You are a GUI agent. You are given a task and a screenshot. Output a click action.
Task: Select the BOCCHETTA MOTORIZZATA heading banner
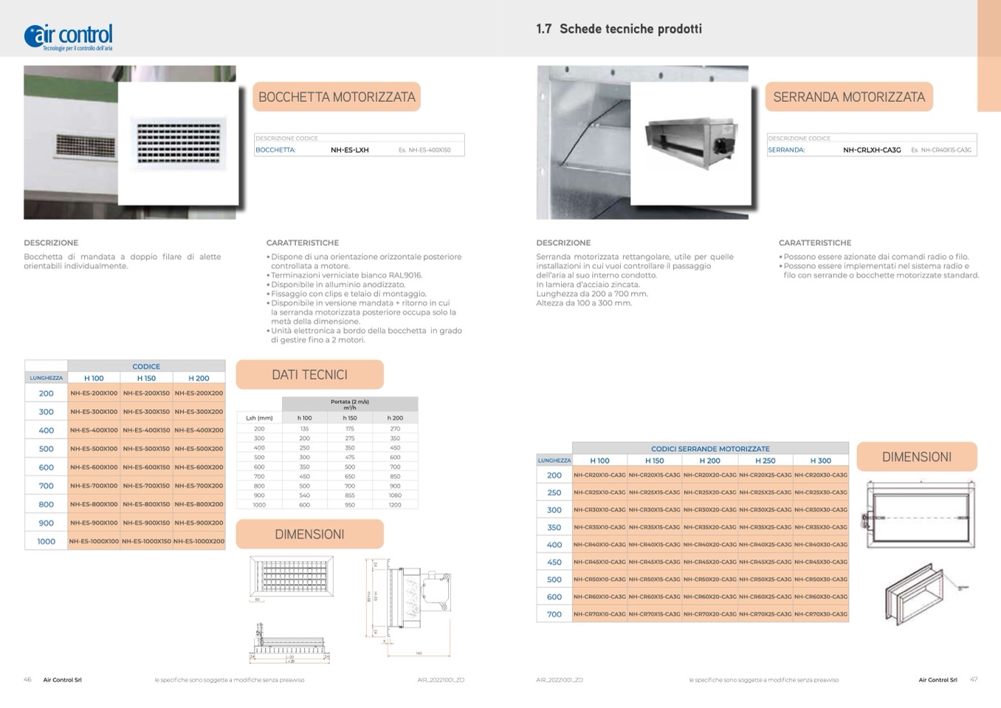pyautogui.click(x=337, y=97)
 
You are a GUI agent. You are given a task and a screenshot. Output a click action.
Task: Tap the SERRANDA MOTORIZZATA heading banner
pyautogui.click(x=849, y=97)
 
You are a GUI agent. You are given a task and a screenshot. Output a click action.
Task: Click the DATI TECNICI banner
pyautogui.click(x=309, y=374)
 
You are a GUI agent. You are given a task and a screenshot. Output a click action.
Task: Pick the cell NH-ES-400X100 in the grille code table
pyautogui.click(x=94, y=430)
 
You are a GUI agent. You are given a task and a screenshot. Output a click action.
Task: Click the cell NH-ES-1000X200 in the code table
pyautogui.click(x=199, y=541)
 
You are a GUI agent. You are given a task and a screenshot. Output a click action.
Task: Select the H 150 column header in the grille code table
pyautogui.click(x=146, y=378)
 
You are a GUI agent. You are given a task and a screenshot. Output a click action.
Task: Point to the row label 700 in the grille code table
pyautogui.click(x=46, y=486)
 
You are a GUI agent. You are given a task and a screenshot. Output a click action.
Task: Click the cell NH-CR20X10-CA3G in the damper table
pyautogui.click(x=599, y=475)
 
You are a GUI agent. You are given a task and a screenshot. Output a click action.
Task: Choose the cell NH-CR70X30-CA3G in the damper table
pyautogui.click(x=821, y=614)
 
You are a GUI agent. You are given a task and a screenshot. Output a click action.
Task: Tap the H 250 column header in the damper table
pyautogui.click(x=765, y=461)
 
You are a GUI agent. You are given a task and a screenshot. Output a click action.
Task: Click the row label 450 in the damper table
pyautogui.click(x=554, y=562)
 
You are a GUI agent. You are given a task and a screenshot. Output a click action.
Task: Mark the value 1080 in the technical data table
pyautogui.click(x=395, y=495)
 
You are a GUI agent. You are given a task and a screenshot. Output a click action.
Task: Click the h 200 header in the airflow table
pyautogui.click(x=395, y=418)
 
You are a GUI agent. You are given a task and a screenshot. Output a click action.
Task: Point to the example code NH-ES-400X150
pyautogui.click(x=430, y=150)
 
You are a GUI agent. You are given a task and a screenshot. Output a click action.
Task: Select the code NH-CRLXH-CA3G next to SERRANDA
pyautogui.click(x=872, y=150)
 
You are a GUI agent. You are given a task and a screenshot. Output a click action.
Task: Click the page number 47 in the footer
pyautogui.click(x=974, y=679)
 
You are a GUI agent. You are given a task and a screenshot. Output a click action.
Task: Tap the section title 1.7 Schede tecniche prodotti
pyautogui.click(x=619, y=29)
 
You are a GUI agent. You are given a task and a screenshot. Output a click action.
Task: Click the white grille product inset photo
pyautogui.click(x=178, y=142)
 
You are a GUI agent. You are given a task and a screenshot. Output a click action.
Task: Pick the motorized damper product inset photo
pyautogui.click(x=691, y=142)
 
